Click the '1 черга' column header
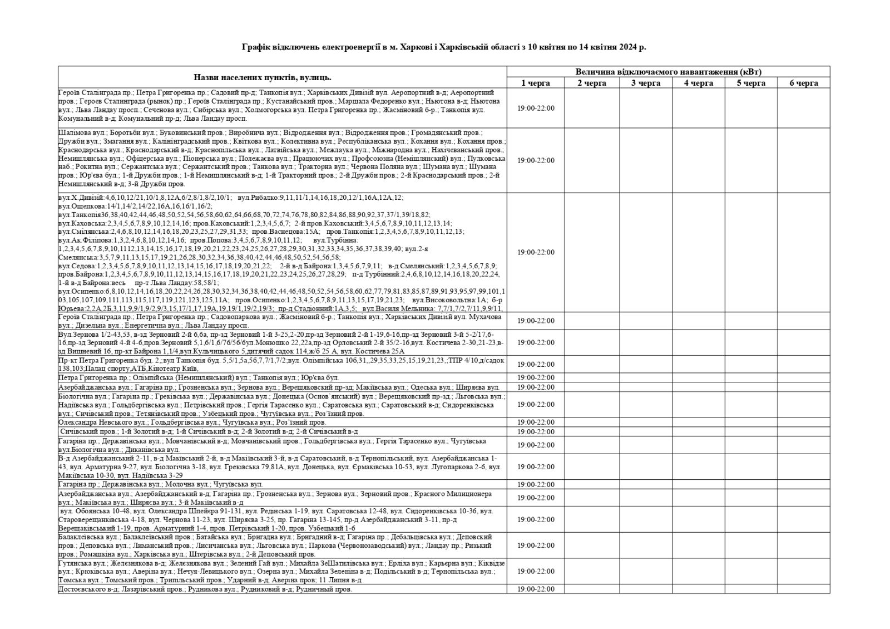coord(535,83)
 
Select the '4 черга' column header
coord(698,83)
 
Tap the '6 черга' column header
coord(804,83)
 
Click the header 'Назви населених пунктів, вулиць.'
coord(263,77)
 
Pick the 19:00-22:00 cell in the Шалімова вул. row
coord(535,160)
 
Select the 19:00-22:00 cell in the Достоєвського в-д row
coord(535,589)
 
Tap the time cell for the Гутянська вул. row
coord(535,571)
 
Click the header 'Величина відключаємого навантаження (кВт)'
coord(668,72)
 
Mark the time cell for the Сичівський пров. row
coord(535,431)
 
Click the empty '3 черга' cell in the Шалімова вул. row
coord(645,160)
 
